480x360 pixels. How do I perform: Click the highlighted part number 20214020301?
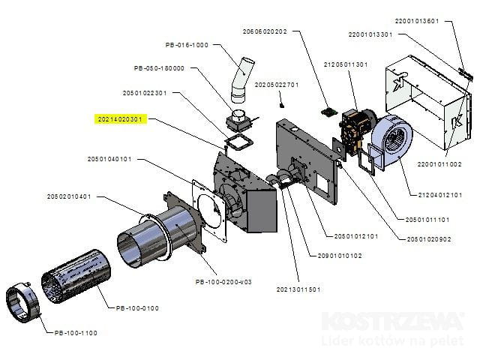(120, 118)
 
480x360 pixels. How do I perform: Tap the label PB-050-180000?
(159, 68)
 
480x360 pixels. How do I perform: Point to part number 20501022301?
(144, 93)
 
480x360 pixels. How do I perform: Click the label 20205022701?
(277, 85)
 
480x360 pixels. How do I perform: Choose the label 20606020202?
(265, 31)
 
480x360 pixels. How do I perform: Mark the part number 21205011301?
(346, 64)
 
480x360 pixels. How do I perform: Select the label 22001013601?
(415, 21)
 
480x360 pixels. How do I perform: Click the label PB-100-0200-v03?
(222, 282)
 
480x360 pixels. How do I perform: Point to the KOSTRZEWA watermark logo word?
(392, 321)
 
